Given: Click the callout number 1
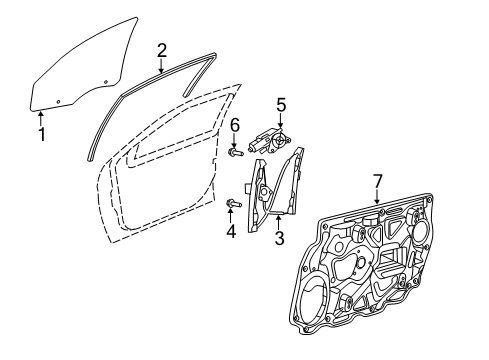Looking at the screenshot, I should click(x=42, y=133).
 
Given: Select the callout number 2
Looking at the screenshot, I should click(x=162, y=49).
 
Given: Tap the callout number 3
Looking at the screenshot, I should click(x=279, y=236).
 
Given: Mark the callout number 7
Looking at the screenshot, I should click(x=377, y=180).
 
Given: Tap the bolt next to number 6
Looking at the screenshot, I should click(x=234, y=155).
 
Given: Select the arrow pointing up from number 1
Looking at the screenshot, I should click(x=42, y=115).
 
